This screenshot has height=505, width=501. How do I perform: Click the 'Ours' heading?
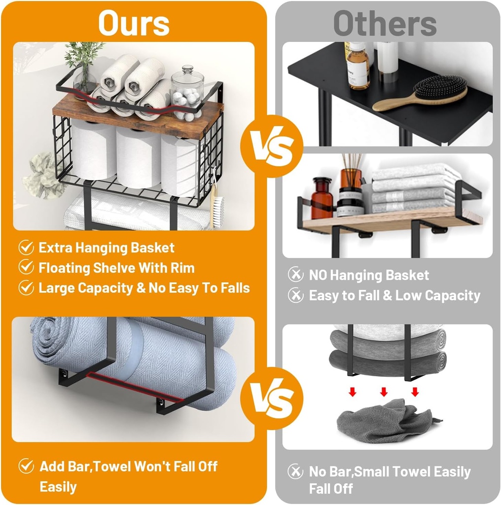(134, 23)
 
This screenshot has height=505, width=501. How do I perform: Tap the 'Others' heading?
(385, 23)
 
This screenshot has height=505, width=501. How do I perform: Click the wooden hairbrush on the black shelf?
(420, 93)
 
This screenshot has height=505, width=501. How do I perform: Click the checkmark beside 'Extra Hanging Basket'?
(26, 248)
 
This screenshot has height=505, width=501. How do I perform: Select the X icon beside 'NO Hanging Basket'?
(295, 275)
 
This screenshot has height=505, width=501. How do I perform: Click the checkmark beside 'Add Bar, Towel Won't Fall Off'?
(26, 466)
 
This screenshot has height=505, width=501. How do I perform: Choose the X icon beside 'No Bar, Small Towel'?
(295, 471)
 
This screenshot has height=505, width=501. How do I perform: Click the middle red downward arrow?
(384, 392)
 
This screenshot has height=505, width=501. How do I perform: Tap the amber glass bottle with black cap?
(322, 198)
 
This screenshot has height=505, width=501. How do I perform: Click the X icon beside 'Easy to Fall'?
(295, 295)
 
